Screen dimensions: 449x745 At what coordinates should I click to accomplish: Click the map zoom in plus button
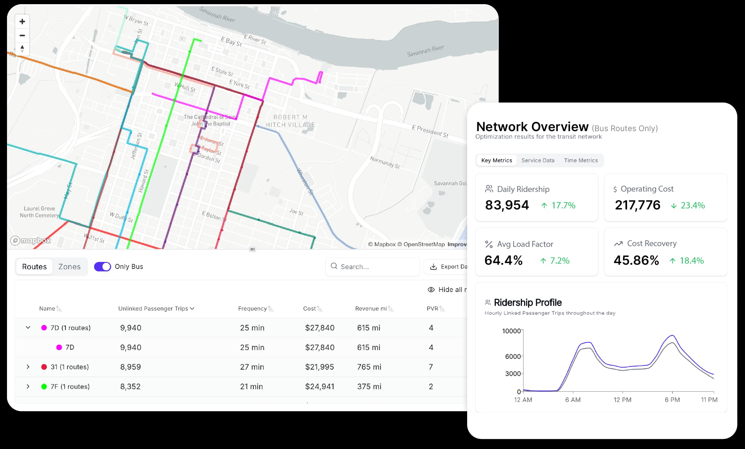(22, 22)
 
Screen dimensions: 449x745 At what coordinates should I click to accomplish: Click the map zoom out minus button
(22, 35)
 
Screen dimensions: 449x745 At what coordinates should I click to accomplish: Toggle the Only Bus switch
(102, 266)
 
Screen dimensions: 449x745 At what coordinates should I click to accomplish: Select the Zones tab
(69, 266)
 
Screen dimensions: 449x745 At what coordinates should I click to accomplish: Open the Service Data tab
(537, 161)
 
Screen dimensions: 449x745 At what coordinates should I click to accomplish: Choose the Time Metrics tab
(581, 161)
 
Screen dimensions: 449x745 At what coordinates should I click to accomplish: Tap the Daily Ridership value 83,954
(507, 205)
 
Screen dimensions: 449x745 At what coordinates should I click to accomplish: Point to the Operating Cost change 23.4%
(692, 206)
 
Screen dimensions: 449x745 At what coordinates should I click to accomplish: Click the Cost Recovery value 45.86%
(636, 261)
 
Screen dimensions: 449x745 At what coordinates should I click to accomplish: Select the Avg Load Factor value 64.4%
(503, 261)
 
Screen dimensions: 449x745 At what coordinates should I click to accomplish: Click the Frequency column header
(252, 308)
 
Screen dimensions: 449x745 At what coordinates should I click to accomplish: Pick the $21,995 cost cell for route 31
(319, 367)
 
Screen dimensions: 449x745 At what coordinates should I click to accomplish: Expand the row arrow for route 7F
(28, 386)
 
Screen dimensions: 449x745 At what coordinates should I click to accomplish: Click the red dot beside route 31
(44, 367)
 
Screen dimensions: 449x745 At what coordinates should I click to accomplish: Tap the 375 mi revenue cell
(368, 386)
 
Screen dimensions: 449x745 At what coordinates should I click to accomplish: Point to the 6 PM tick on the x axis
(672, 399)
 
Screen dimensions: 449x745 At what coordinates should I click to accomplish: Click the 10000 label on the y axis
(511, 331)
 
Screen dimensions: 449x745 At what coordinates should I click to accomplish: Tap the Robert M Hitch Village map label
(290, 121)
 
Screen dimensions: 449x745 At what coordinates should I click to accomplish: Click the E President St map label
(430, 131)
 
